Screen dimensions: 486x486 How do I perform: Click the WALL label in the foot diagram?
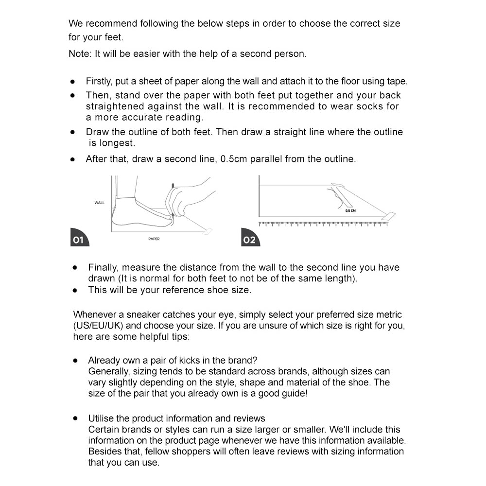pyautogui.click(x=100, y=203)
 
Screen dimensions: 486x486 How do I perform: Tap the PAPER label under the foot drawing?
pyautogui.click(x=154, y=239)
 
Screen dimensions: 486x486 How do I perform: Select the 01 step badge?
pyautogui.click(x=79, y=240)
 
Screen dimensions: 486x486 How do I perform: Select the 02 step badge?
pyautogui.click(x=249, y=240)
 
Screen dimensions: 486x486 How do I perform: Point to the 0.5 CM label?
pyautogui.click(x=350, y=211)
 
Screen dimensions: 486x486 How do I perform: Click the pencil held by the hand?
pyautogui.click(x=173, y=199)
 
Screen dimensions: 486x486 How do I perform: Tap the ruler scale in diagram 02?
pyautogui.click(x=323, y=224)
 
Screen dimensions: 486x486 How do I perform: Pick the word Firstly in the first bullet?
pyautogui.click(x=99, y=81)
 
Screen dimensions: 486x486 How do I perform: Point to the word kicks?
pyautogui.click(x=191, y=361)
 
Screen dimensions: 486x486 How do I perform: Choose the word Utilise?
pyautogui.click(x=102, y=418)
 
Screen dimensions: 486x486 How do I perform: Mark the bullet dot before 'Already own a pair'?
pyautogui.click(x=75, y=361)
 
